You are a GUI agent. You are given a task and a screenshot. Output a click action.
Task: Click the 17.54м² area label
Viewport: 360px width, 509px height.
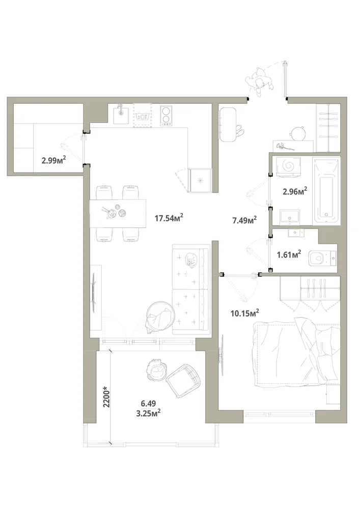pyautogui.click(x=169, y=217)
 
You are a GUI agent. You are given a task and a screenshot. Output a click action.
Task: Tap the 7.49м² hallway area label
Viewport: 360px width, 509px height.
pyautogui.click(x=244, y=220)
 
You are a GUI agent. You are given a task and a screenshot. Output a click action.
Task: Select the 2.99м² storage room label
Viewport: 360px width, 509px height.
pyautogui.click(x=54, y=160)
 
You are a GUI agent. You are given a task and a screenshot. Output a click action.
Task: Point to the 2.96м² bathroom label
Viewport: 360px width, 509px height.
pyautogui.click(x=295, y=191)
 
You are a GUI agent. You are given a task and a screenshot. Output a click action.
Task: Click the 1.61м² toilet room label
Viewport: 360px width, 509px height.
pyautogui.click(x=289, y=254)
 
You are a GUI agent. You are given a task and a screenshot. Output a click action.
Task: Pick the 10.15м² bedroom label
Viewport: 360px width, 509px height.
pyautogui.click(x=244, y=313)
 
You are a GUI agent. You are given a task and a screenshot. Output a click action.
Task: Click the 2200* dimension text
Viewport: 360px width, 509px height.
pyautogui.click(x=106, y=397)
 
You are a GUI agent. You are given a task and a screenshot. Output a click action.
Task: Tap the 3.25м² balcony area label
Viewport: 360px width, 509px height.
pyautogui.click(x=149, y=413)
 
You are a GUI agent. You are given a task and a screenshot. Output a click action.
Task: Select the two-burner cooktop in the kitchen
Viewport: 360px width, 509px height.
pyautogui.click(x=166, y=116)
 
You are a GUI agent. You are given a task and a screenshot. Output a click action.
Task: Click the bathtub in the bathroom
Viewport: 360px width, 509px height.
pyautogui.click(x=326, y=190)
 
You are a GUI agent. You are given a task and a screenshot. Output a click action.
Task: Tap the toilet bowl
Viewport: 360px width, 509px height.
pyautogui.click(x=322, y=258)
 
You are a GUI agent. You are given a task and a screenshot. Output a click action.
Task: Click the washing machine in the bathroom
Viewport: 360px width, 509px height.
pyautogui.click(x=288, y=167)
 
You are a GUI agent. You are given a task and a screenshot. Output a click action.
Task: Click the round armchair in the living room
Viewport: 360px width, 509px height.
pyautogui.click(x=160, y=317)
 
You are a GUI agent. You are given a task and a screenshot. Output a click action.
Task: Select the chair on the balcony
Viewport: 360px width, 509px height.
pyautogui.click(x=183, y=380)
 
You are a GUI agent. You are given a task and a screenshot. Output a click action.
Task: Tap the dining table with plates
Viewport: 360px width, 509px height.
pyautogui.click(x=118, y=213)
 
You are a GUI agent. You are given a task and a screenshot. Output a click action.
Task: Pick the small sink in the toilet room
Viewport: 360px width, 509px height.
pyautogui.click(x=296, y=233)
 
